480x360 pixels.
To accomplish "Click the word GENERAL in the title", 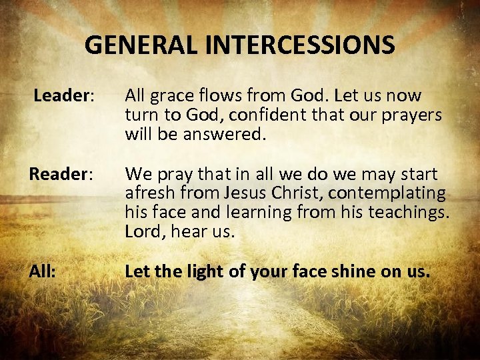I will (x=132, y=45).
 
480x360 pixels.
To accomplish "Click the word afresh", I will (x=145, y=194).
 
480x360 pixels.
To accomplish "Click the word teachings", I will (x=409, y=213).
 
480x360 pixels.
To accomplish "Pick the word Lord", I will (x=141, y=232).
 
